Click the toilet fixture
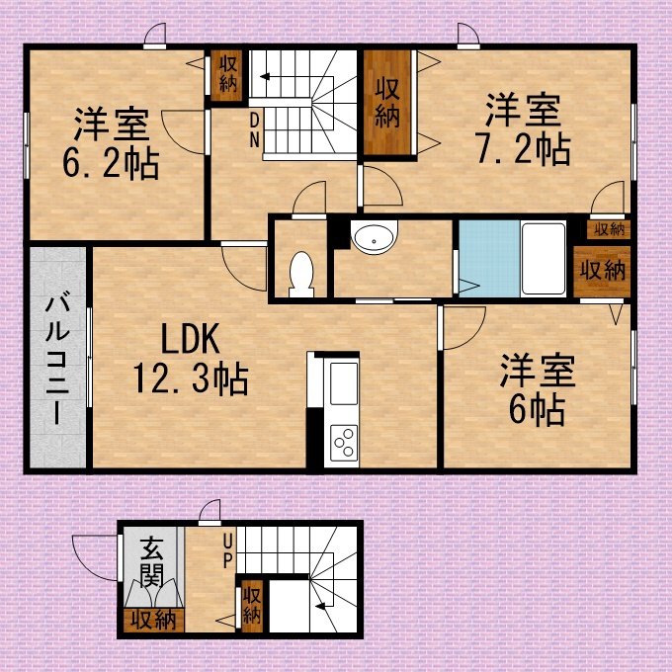pyautogui.click(x=301, y=275)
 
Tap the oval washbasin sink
pyautogui.click(x=375, y=237)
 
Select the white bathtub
pyautogui.click(x=544, y=259)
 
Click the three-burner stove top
pyautogui.click(x=344, y=443)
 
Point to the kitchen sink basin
pyautogui.click(x=343, y=383)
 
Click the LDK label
pyautogui.click(x=191, y=339)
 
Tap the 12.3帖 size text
pyautogui.click(x=191, y=378)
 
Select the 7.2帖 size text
pyautogui.click(x=524, y=149)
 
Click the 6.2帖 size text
pyautogui.click(x=111, y=164)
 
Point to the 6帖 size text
pyautogui.click(x=537, y=410)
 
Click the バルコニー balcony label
pyautogui.click(x=57, y=359)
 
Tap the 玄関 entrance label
pyautogui.click(x=152, y=561)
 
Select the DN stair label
pyautogui.click(x=255, y=130)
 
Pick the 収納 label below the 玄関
pyautogui.click(x=153, y=621)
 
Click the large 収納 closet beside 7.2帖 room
pyautogui.click(x=387, y=103)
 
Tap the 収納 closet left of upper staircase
pyautogui.click(x=227, y=75)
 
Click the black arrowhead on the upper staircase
pyautogui.click(x=265, y=77)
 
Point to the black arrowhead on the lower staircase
pyautogui.click(x=319, y=606)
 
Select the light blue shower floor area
pyautogui.click(x=489, y=259)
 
